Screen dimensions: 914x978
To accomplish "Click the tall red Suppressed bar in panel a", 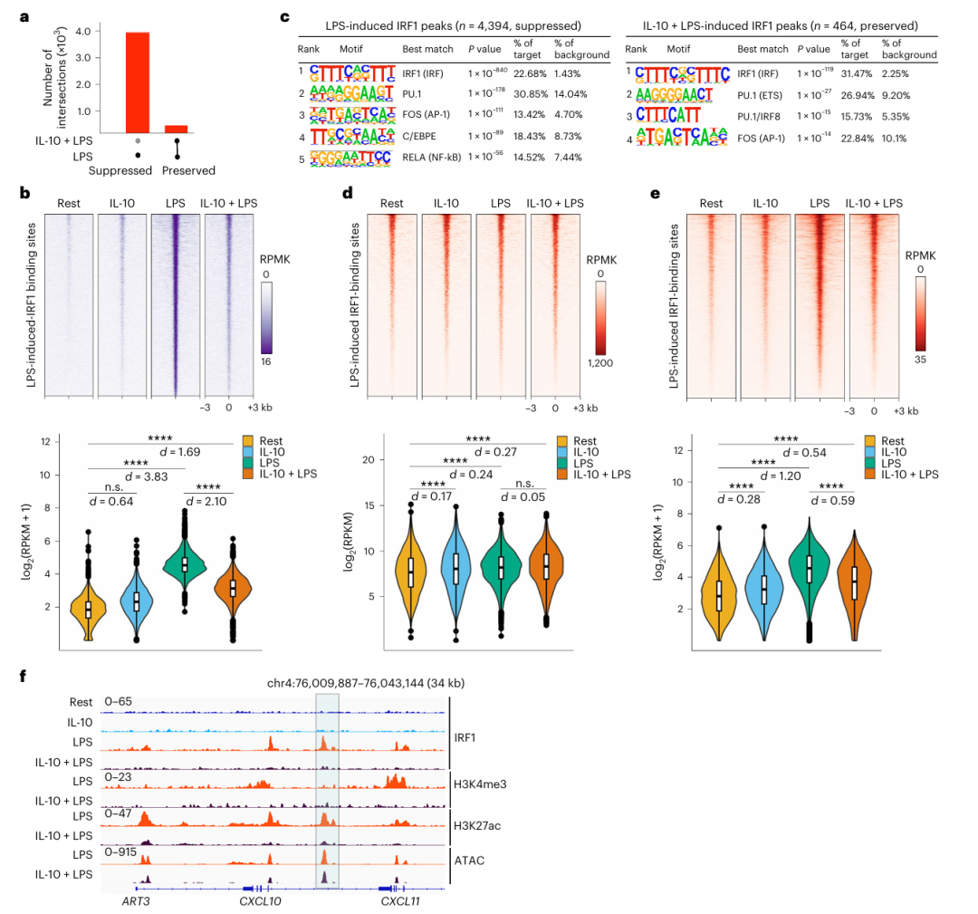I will [x=150, y=82].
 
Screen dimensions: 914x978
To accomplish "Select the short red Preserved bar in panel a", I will [x=176, y=128].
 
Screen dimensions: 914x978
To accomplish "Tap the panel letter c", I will [x=284, y=16].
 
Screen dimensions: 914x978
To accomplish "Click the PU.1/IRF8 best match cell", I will [x=762, y=115].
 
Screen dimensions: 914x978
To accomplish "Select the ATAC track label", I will [x=469, y=860].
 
